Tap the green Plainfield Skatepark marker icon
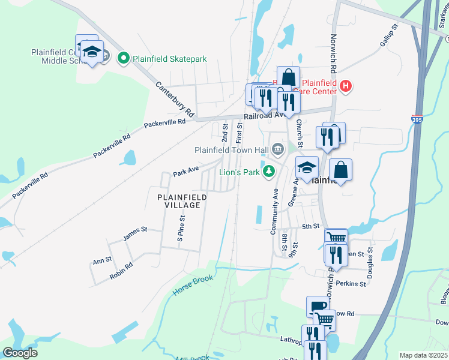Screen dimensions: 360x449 pyautogui.click(x=124, y=59)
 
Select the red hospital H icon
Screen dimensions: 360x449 pyautogui.click(x=345, y=86)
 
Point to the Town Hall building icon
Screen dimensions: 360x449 pyautogui.click(x=277, y=148)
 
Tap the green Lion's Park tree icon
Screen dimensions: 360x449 pyautogui.click(x=270, y=172)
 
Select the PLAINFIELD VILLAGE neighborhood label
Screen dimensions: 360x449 pyautogui.click(x=182, y=201)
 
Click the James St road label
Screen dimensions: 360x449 pyautogui.click(x=135, y=233)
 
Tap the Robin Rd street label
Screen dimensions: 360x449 pyautogui.click(x=121, y=272)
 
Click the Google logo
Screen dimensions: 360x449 pyautogui.click(x=20, y=353)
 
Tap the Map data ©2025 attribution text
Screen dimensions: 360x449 pyautogui.click(x=423, y=355)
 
